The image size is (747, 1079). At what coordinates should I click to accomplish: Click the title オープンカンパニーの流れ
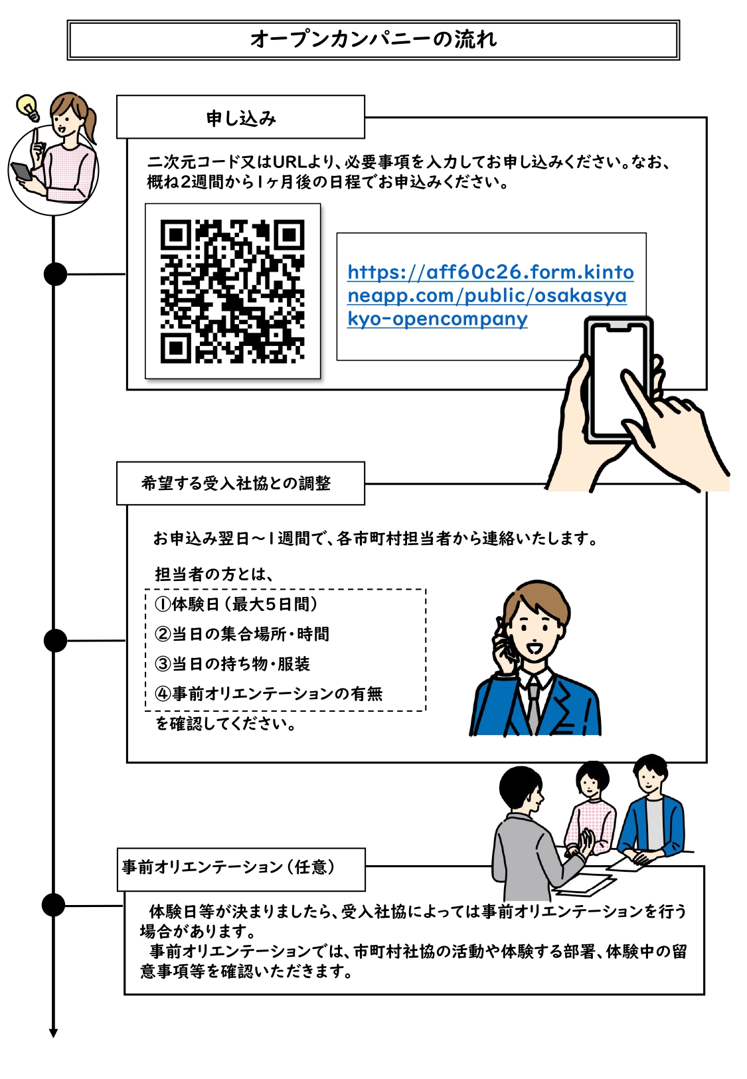click(x=373, y=39)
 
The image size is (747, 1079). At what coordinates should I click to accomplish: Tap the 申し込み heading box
click(x=240, y=118)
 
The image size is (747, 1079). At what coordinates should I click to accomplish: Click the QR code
click(x=232, y=291)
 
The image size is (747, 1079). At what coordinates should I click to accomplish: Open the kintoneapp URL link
click(x=490, y=295)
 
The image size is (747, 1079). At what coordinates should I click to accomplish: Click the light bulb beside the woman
click(x=27, y=107)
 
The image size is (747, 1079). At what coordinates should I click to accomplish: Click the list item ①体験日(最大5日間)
click(x=236, y=604)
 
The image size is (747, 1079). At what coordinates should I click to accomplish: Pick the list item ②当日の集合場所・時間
click(x=242, y=633)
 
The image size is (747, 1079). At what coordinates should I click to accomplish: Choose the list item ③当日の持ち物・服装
click(x=232, y=663)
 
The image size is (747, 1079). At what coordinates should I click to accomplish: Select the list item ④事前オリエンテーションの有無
click(x=268, y=693)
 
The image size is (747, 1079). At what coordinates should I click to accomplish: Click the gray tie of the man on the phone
click(x=533, y=704)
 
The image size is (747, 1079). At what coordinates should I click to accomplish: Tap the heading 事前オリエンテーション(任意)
click(x=229, y=867)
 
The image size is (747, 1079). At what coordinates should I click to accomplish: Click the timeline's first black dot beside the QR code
click(x=55, y=274)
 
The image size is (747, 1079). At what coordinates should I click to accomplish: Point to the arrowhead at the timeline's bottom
click(x=53, y=1033)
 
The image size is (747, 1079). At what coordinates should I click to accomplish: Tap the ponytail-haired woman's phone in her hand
click(x=22, y=171)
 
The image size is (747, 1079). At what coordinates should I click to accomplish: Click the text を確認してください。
click(x=226, y=723)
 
